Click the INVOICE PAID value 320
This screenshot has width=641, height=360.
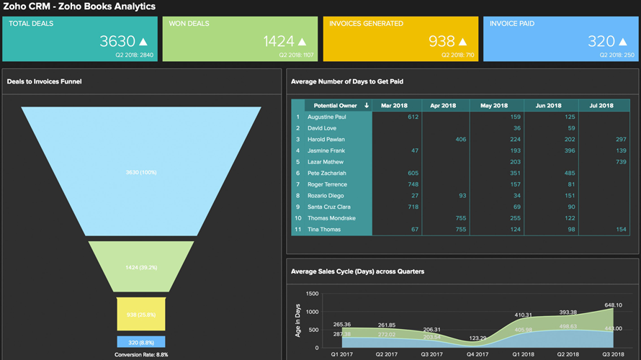click(x=601, y=42)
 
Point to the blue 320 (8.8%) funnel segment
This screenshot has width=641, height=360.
click(x=141, y=342)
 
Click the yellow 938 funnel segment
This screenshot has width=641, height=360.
click(x=141, y=315)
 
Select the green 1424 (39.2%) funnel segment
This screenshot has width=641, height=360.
click(x=141, y=266)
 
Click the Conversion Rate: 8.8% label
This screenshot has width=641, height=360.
click(x=141, y=354)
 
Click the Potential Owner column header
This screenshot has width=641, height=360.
click(x=336, y=106)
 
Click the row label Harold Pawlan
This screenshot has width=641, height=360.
click(x=326, y=140)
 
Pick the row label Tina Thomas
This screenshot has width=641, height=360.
click(x=323, y=230)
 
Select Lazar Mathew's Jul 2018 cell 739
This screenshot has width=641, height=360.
click(x=621, y=162)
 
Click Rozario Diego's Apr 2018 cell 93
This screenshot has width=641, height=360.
click(x=462, y=196)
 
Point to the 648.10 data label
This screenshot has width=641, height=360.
click(x=614, y=305)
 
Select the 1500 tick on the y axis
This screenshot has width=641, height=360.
click(x=312, y=294)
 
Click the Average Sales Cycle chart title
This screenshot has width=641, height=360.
click(x=357, y=271)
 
